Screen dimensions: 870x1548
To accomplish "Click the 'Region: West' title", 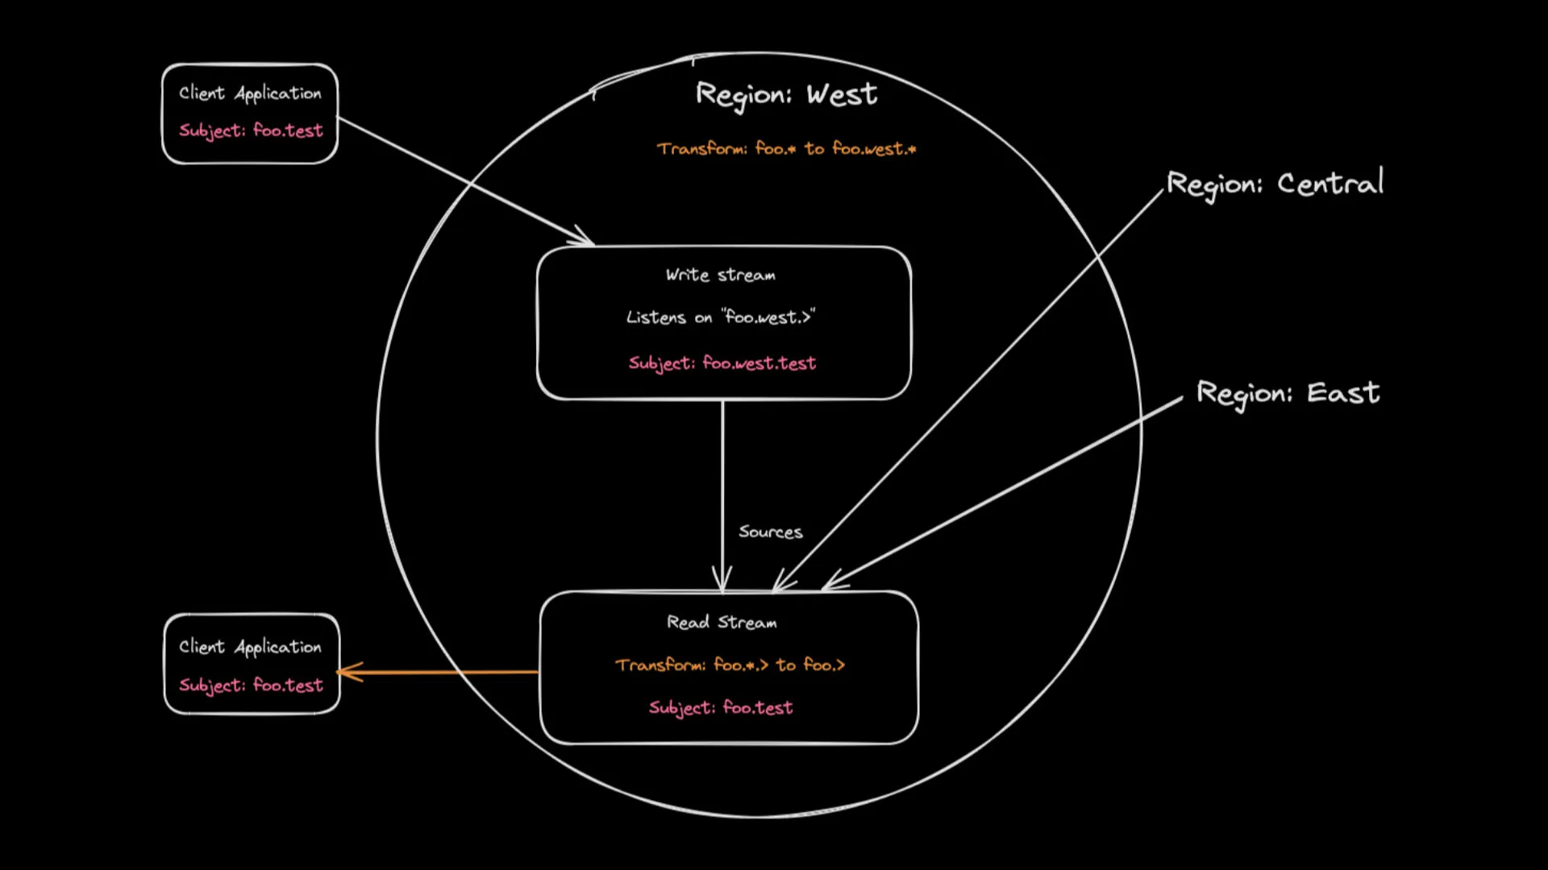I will (786, 95).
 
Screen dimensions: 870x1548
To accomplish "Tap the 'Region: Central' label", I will (1275, 184).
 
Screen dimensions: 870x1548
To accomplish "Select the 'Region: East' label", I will (1288, 393).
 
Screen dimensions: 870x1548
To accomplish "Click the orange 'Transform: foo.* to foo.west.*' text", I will (786, 149).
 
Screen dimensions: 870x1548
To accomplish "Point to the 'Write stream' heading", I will (721, 275).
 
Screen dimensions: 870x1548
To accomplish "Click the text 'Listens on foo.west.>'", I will (721, 317).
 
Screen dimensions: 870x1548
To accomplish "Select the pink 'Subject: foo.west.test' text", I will (722, 363).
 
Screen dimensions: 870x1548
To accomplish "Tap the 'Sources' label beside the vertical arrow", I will (770, 532).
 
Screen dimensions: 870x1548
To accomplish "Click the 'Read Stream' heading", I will (722, 623).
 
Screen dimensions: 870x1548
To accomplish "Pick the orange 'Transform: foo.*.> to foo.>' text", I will (730, 665).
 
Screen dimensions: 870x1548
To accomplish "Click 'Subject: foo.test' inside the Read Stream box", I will (721, 708).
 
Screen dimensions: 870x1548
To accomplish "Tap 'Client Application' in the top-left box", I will (250, 93).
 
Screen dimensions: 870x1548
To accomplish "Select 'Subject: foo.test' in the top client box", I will (250, 130).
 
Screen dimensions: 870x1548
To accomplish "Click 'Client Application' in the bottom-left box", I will (250, 647).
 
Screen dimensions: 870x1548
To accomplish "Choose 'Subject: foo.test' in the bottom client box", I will (250, 686).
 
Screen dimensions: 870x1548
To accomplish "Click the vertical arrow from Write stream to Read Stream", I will (722, 483).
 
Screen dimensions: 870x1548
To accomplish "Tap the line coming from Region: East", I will (1008, 491).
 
